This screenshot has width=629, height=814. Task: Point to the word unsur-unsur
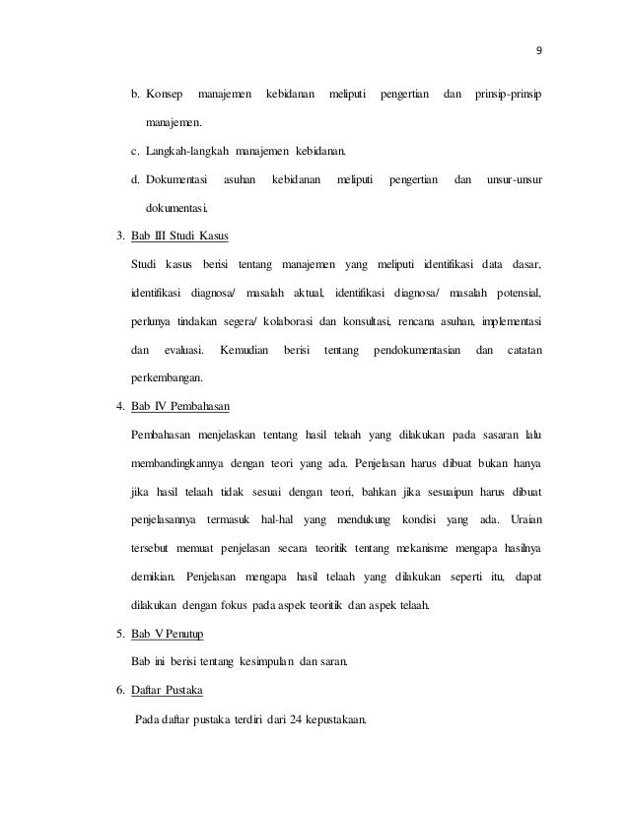click(515, 181)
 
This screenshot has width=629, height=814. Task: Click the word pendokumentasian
click(413, 350)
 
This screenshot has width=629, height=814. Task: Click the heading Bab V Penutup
click(167, 633)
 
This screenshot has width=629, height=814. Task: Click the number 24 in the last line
click(297, 717)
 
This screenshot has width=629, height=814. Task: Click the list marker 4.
click(117, 407)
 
